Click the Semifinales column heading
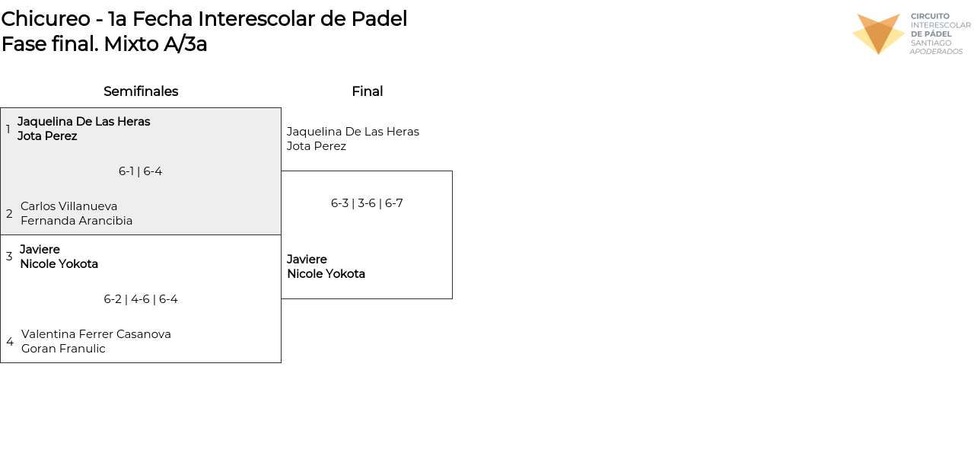(141, 91)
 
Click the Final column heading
(367, 91)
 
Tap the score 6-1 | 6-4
(140, 171)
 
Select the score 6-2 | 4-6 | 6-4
(141, 299)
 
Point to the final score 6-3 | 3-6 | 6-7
(367, 203)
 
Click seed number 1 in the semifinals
(8, 129)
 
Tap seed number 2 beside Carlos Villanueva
(9, 214)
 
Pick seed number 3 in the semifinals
(9, 257)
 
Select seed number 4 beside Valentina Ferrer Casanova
(10, 342)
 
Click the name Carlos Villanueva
(69, 206)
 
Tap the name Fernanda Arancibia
(77, 221)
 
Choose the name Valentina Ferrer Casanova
(96, 334)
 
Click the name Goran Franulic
(63, 349)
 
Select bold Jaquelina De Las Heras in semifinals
(84, 122)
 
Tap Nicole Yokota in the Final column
(326, 274)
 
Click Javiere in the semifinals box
(40, 250)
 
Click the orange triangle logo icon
(878, 33)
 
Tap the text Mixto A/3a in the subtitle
(155, 44)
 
